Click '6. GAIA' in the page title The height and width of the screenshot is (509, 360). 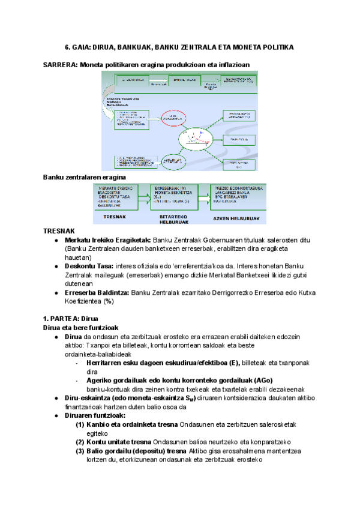click(x=77, y=46)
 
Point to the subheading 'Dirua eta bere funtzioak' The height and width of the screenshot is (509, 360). click(x=80, y=328)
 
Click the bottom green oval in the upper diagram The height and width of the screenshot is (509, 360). click(x=174, y=161)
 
